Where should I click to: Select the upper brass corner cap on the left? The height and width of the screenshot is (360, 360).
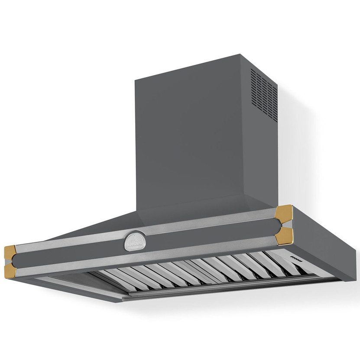pyautogui.click(x=11, y=251)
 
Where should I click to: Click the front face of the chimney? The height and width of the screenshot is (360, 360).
pyautogui.click(x=191, y=138)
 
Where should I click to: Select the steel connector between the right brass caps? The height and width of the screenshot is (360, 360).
pyautogui.click(x=281, y=224)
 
